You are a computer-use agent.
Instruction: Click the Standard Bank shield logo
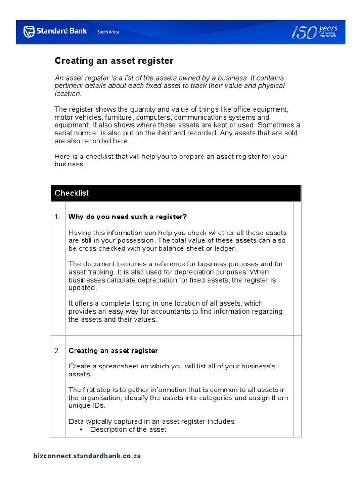click(29, 32)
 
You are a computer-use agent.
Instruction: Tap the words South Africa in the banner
click(108, 32)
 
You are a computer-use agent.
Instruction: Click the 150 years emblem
click(315, 32)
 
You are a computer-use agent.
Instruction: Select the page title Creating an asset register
click(114, 61)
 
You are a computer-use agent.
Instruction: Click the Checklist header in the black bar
click(71, 193)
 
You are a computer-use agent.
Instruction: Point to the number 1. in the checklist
click(57, 217)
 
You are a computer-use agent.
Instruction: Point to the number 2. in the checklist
click(57, 351)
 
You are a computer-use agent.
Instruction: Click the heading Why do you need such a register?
click(127, 217)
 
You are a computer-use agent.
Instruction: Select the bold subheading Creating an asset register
click(113, 351)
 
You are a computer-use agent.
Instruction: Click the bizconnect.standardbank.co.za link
click(87, 456)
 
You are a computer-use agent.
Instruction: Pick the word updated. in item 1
click(82, 288)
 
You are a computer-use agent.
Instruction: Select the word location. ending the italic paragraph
click(68, 94)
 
